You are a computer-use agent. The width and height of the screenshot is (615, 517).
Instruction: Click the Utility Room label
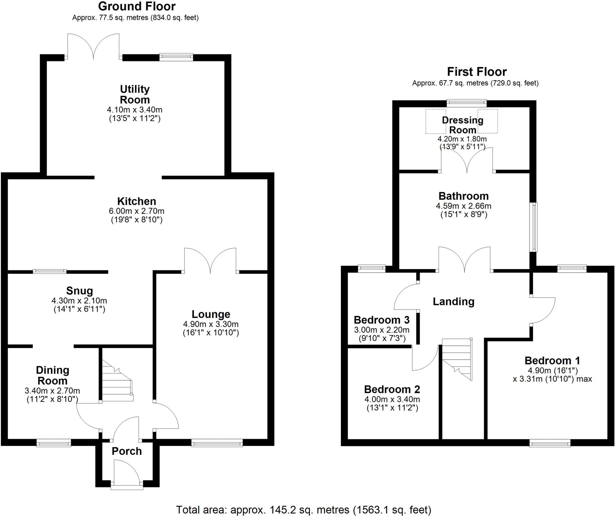click(x=135, y=94)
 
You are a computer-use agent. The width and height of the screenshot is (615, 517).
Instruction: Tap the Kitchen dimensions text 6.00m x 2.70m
click(x=137, y=211)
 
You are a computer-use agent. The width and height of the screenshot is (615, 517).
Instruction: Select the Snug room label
click(x=80, y=290)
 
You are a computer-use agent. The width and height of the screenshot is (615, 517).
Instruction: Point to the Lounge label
click(x=211, y=314)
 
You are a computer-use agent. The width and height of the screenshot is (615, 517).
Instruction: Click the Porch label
click(x=127, y=451)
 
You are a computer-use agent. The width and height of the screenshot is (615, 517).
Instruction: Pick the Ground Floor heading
click(x=137, y=6)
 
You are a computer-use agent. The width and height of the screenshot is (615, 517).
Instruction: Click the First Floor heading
click(x=477, y=72)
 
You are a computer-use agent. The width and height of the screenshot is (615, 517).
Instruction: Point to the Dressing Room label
click(x=463, y=125)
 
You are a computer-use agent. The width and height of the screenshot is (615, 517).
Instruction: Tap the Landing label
click(x=453, y=301)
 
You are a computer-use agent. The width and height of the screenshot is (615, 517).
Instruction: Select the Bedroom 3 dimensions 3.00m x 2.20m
click(x=382, y=330)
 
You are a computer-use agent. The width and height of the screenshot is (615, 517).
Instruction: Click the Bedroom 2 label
click(x=392, y=389)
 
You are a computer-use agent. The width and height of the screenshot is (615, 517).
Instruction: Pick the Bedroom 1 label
click(x=552, y=360)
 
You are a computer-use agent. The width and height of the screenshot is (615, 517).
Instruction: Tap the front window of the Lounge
click(x=217, y=442)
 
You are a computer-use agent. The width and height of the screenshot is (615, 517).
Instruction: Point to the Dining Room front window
click(x=54, y=442)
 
